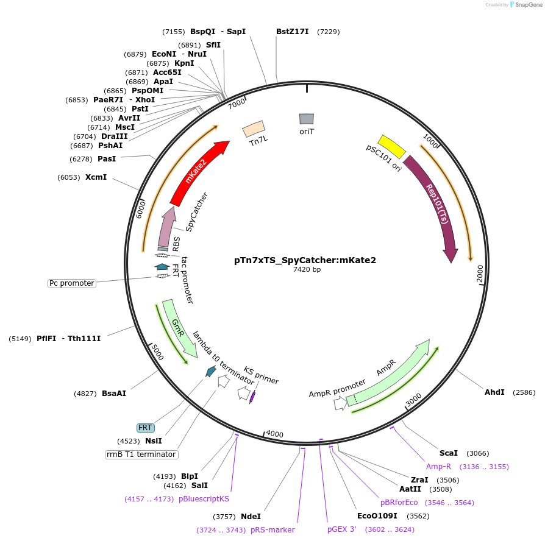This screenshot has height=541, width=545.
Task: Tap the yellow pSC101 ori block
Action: click(x=392, y=146)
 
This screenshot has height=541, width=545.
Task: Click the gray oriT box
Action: click(x=307, y=119)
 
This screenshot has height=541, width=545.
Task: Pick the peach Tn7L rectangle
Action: click(x=254, y=128)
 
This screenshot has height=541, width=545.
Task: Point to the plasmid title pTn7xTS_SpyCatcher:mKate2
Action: click(x=305, y=260)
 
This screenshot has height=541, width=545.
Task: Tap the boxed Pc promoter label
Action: click(x=72, y=283)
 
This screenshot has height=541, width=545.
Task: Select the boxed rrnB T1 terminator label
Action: click(x=141, y=454)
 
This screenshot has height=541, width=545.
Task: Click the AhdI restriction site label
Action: click(x=494, y=392)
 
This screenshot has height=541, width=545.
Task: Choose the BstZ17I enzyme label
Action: click(x=293, y=32)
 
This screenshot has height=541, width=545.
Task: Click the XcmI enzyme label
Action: click(x=96, y=177)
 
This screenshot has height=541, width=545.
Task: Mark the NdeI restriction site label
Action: click(x=251, y=516)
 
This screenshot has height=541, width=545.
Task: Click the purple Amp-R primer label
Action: click(x=438, y=467)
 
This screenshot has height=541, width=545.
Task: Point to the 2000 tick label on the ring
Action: click(x=480, y=274)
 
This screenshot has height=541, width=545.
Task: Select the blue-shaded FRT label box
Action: click(x=145, y=428)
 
